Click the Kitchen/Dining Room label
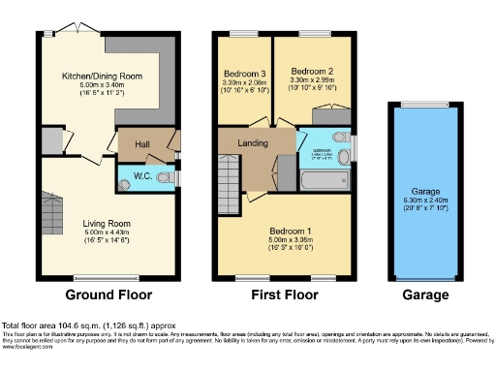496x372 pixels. pos(102,75)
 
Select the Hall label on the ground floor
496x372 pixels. pos(141,143)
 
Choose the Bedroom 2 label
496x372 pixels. pos(314,72)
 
